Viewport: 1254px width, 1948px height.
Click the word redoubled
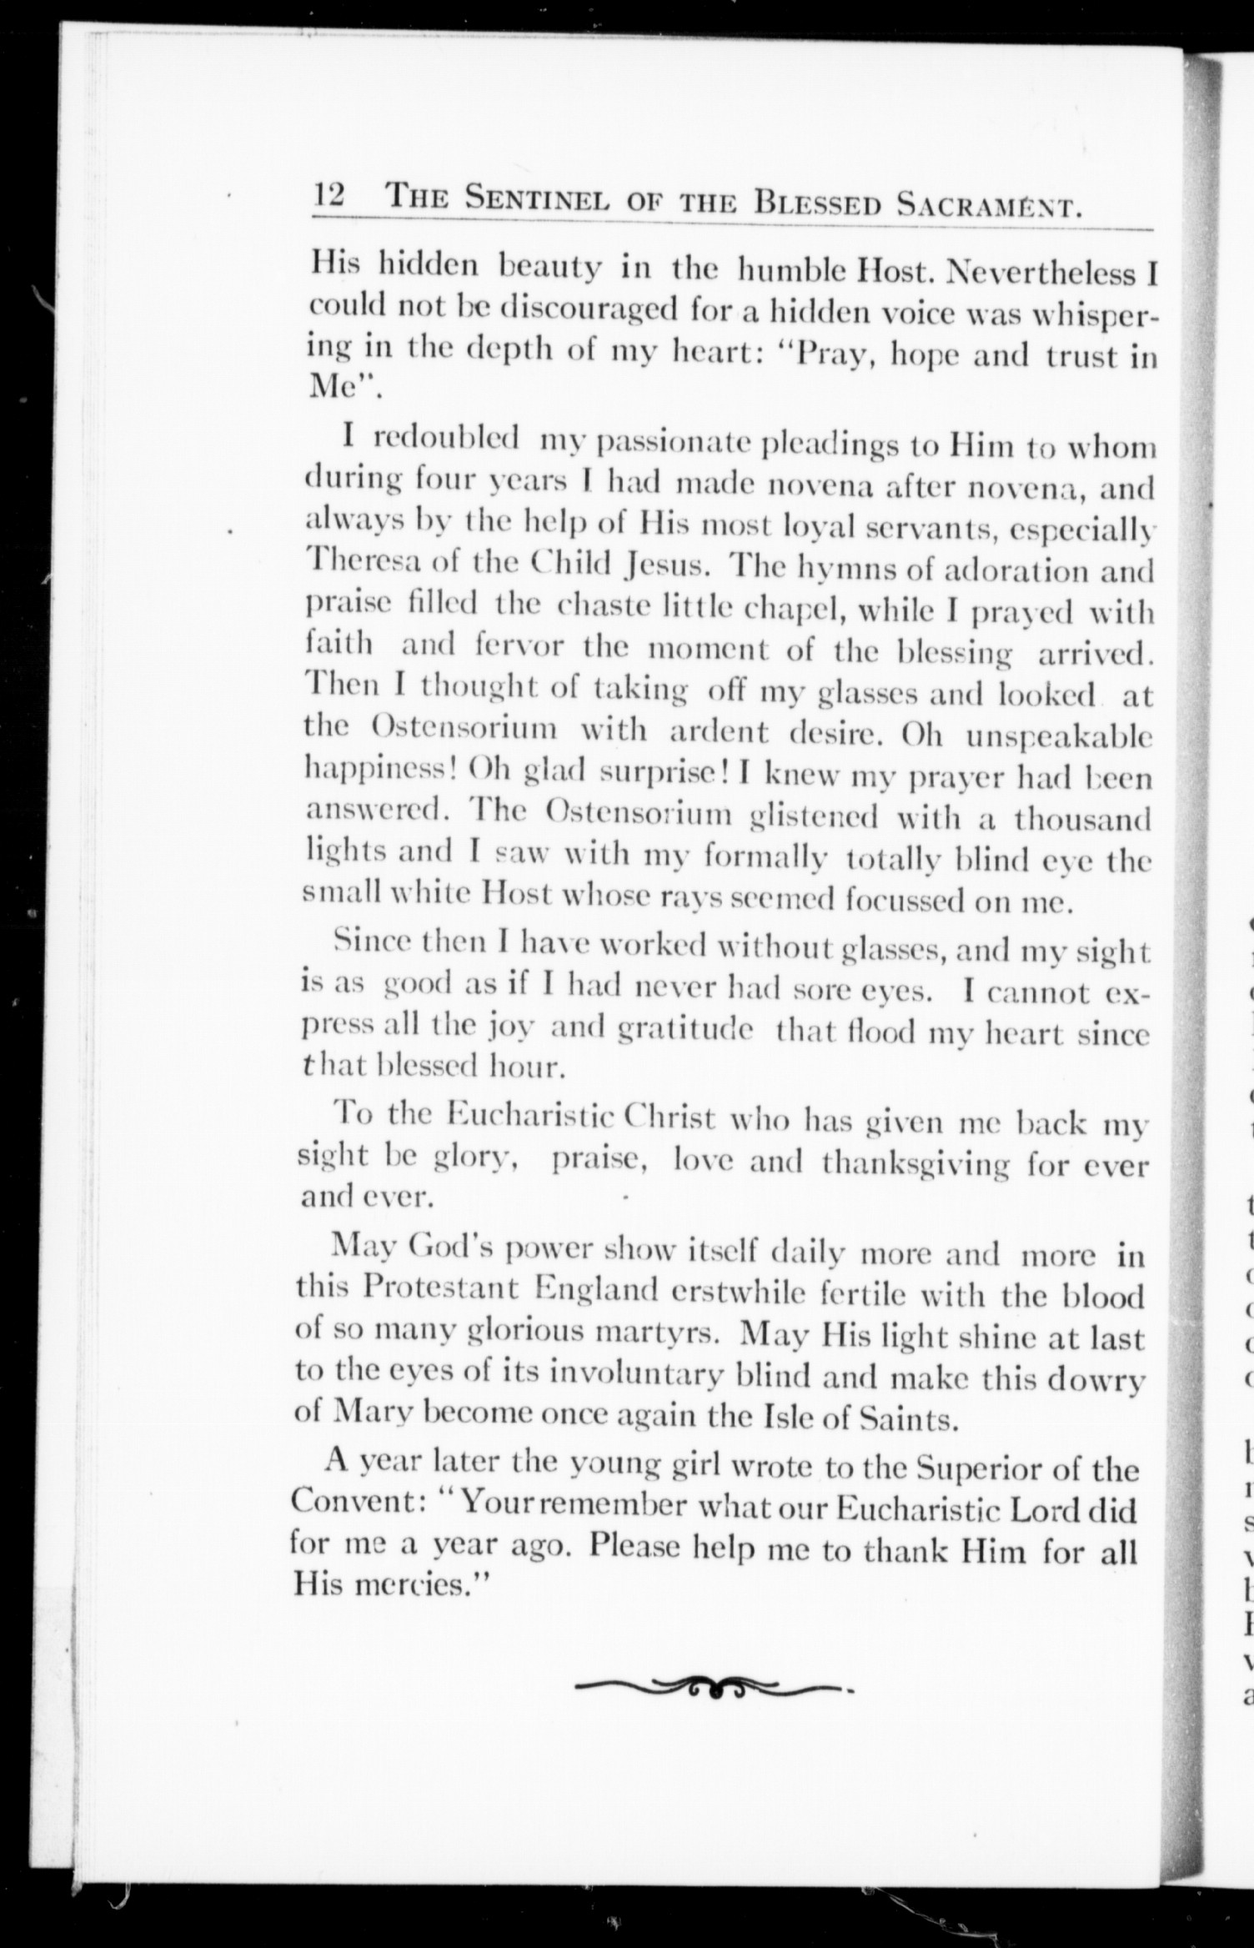click(447, 437)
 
